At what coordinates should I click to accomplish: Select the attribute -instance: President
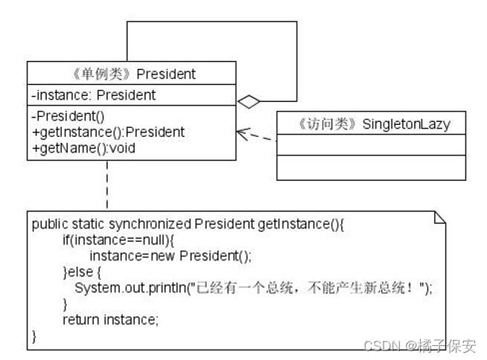pyautogui.click(x=94, y=94)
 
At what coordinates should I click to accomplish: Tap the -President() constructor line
pyautogui.click(x=68, y=116)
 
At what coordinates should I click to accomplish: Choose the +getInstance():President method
pyautogui.click(x=108, y=132)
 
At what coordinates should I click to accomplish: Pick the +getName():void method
pyautogui.click(x=83, y=148)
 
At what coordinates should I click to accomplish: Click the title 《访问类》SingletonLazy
pyautogui.click(x=371, y=124)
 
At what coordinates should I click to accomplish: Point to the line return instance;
pyautogui.click(x=111, y=320)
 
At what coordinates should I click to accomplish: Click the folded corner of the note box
pyautogui.click(x=439, y=217)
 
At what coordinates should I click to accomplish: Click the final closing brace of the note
pyautogui.click(x=33, y=335)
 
